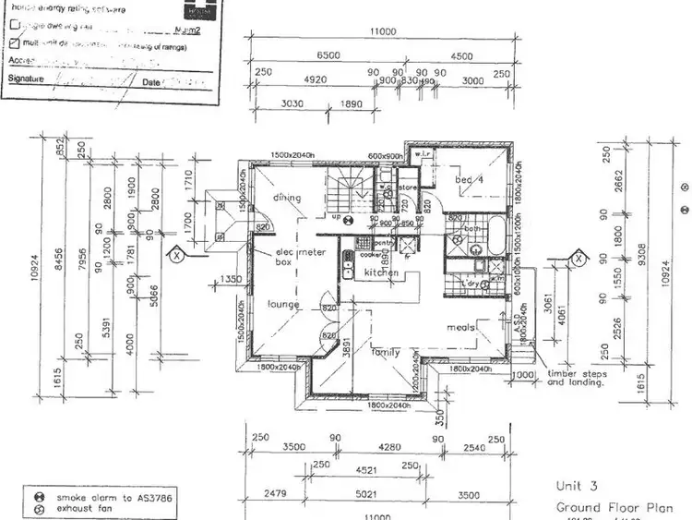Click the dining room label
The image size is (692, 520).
[287, 197]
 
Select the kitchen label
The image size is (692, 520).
[381, 273]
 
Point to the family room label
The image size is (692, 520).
[386, 352]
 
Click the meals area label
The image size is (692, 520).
[461, 327]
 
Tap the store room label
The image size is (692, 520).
[408, 187]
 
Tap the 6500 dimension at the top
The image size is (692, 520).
[328, 55]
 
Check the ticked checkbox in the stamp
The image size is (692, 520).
[14, 42]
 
